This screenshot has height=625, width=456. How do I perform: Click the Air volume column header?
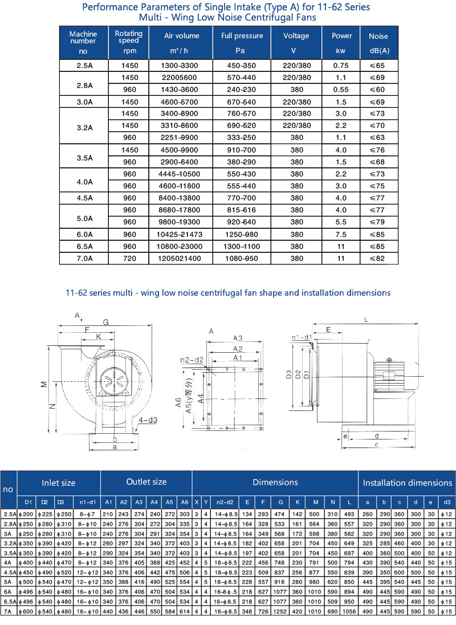182,36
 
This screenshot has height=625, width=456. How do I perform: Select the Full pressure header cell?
242,36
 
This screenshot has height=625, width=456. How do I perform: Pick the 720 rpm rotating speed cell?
130,259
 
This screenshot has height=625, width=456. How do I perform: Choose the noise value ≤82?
378,259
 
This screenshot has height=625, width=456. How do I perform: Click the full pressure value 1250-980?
242,235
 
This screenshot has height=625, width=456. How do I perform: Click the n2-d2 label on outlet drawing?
192,360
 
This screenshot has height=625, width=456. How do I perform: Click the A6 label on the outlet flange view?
178,404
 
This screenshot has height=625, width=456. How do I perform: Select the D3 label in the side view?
289,375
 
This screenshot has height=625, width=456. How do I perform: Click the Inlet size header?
59,483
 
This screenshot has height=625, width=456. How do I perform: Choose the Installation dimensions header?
407,483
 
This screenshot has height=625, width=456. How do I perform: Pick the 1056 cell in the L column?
349,611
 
